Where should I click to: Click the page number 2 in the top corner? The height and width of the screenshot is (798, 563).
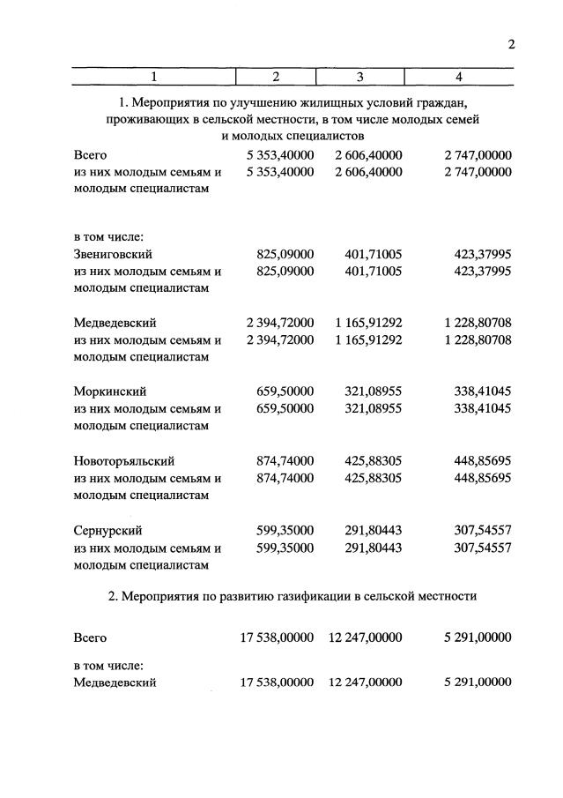pyautogui.click(x=511, y=46)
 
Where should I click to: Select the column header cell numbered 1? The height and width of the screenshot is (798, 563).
pyautogui.click(x=153, y=76)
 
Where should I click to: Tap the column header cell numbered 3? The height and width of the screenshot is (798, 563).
pyautogui.click(x=360, y=76)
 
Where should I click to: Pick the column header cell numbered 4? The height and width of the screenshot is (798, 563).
pyautogui.click(x=458, y=76)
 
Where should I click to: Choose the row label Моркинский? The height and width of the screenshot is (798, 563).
pyautogui.click(x=110, y=392)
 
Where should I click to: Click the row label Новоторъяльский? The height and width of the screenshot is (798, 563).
pyautogui.click(x=124, y=461)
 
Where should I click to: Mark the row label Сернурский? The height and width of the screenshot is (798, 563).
pyautogui.click(x=108, y=531)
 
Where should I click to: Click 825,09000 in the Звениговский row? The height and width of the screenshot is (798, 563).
pyautogui.click(x=285, y=254)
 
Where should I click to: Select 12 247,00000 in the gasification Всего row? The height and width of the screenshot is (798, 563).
pyautogui.click(x=365, y=638)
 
